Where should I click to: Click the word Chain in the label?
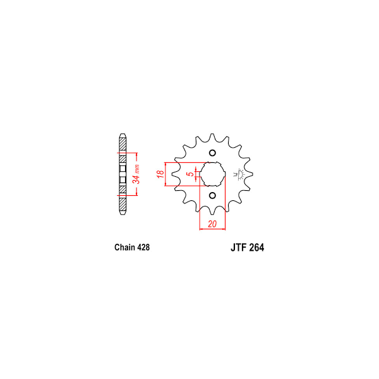coord(124,247)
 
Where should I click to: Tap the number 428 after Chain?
coord(143,247)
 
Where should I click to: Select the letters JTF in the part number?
coord(238,248)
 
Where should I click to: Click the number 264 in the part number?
coord(256,248)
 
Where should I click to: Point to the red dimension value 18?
coord(160,174)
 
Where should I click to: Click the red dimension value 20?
coord(212,224)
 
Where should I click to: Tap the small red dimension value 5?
coord(191,174)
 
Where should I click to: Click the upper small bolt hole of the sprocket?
coord(212,153)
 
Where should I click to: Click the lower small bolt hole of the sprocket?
coord(212,195)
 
